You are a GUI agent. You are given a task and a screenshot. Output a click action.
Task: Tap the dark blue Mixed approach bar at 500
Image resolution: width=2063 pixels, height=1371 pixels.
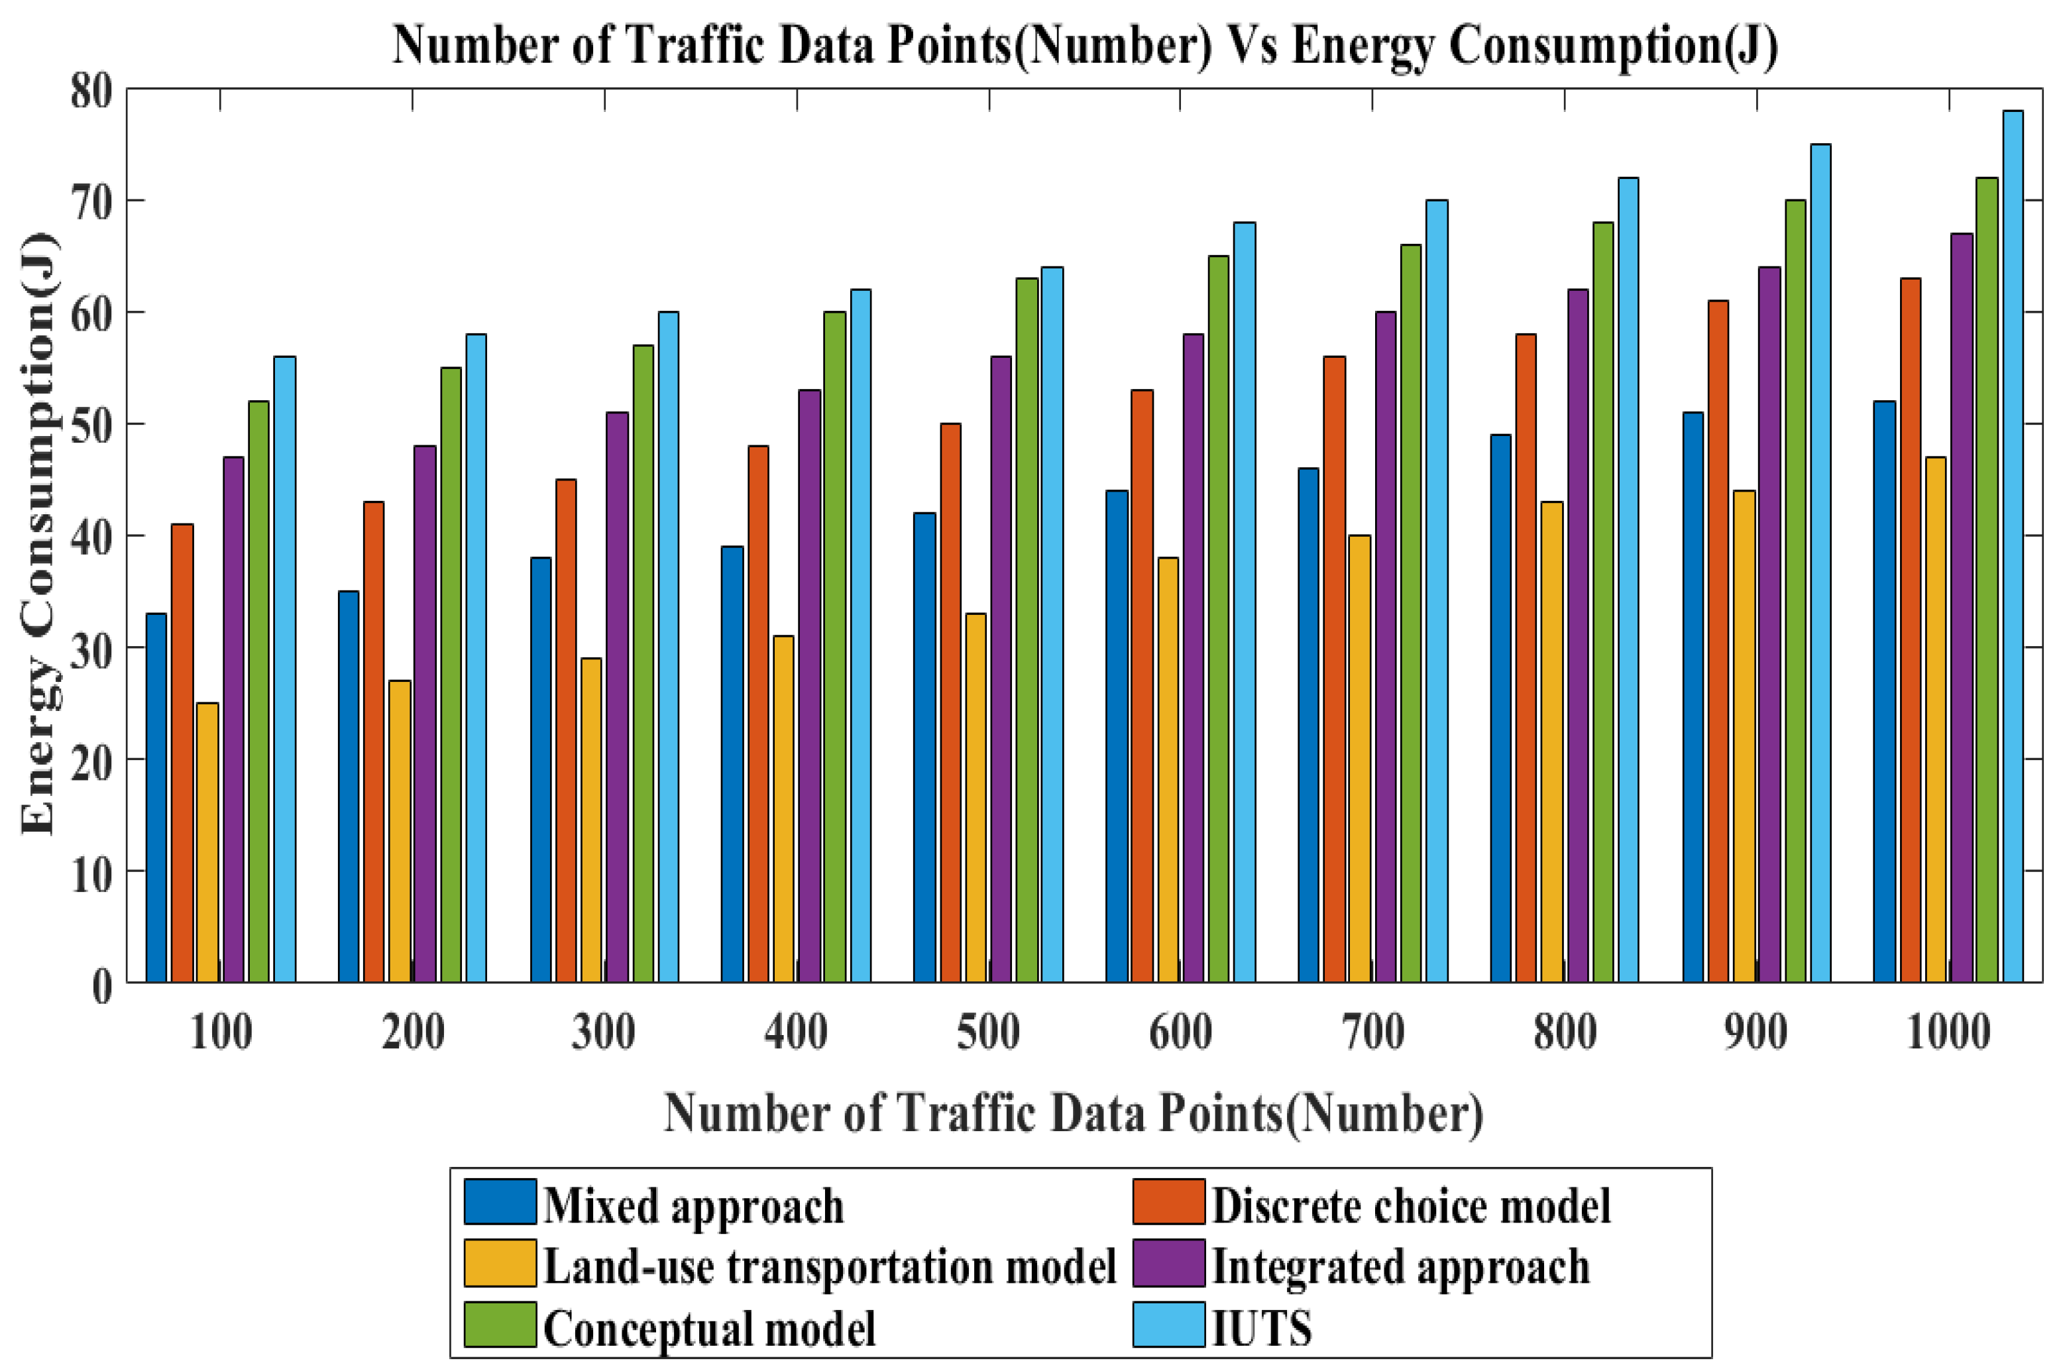click(924, 747)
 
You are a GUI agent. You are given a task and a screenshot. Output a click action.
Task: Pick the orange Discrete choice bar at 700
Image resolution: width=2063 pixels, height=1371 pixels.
click(1335, 669)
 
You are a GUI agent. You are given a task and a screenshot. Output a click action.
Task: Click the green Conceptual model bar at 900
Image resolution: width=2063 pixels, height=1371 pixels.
click(1795, 591)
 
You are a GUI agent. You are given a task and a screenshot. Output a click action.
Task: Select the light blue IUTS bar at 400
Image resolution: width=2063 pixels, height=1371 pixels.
click(861, 635)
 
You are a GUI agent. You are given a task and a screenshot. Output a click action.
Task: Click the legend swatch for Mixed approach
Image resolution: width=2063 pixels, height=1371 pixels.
click(500, 1201)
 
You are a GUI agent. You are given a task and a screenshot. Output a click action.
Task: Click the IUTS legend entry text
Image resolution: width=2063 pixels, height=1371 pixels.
click(1261, 1327)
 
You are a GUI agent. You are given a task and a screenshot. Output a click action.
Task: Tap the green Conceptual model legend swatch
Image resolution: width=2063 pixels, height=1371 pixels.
click(500, 1324)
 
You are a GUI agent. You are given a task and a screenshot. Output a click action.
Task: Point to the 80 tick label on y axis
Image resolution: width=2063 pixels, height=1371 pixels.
click(92, 90)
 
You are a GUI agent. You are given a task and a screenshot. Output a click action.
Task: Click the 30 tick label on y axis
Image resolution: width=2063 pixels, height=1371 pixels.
click(92, 649)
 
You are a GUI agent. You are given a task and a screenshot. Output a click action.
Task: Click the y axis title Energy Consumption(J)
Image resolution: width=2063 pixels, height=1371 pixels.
click(39, 533)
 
